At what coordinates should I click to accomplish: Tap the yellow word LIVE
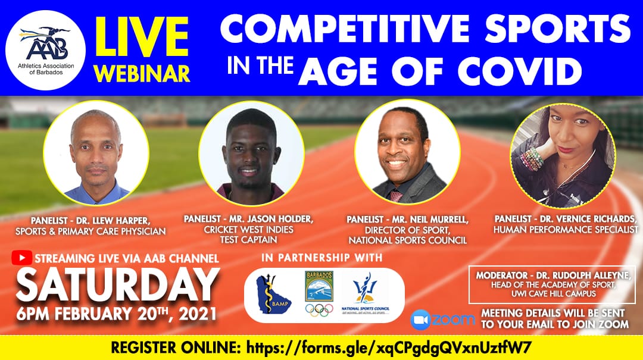click(x=142, y=37)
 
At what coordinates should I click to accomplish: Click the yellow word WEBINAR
click(x=142, y=74)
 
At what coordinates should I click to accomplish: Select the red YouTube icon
click(x=22, y=258)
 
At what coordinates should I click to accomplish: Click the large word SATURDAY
click(x=117, y=285)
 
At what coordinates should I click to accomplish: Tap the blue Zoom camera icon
click(x=421, y=320)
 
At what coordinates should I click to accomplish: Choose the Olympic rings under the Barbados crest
click(x=319, y=310)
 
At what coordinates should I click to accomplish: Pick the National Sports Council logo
click(x=365, y=293)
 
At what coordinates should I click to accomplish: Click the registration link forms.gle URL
click(x=389, y=348)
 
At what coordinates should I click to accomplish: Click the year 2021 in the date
click(x=197, y=314)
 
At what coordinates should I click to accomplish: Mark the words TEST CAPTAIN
click(x=248, y=239)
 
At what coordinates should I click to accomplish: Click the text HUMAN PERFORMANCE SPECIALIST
click(x=566, y=230)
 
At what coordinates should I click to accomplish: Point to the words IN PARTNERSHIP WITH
click(x=322, y=258)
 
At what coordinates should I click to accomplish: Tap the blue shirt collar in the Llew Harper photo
click(x=97, y=195)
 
